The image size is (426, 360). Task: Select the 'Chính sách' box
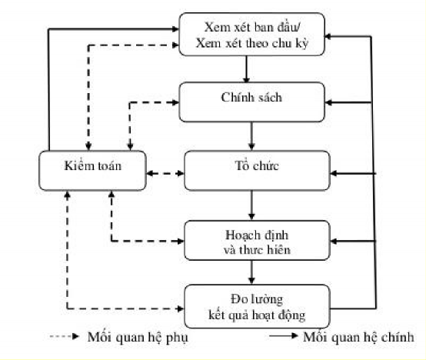pos(252,101)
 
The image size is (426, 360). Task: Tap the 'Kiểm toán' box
pos(92,168)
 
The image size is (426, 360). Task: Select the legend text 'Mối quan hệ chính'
pos(358,337)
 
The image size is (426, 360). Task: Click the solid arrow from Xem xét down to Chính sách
pos(246,69)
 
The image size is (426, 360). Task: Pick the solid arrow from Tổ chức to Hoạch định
pos(251,204)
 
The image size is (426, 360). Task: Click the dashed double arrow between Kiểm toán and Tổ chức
pos(163,173)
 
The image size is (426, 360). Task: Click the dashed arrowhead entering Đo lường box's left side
pos(181,309)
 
